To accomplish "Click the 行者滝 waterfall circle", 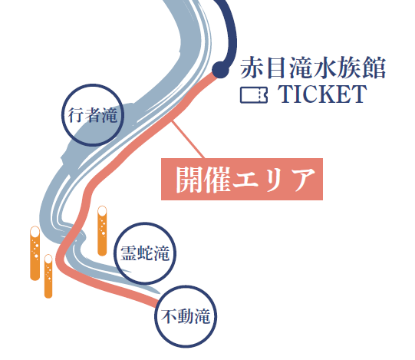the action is point(62,115).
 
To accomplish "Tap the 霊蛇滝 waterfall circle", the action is point(114,253).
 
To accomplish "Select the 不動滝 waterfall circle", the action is point(156,316).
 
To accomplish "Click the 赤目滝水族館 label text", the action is point(313,68).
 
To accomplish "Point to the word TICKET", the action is point(322,94).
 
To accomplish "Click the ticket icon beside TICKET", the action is point(254,95).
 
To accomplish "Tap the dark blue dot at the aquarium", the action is point(220,70).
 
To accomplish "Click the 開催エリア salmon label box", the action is point(242,179).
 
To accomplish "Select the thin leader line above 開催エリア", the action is point(188,140).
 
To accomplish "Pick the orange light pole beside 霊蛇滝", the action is point(102,231).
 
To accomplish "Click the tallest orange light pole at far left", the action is point(35,253).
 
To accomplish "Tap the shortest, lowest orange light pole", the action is point(48,276).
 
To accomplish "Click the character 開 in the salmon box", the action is point(189,180).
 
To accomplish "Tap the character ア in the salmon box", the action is point(301,180).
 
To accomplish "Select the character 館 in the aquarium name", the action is point(374,68).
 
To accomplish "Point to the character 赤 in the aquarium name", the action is point(252,68).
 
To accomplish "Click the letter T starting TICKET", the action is point(285,94).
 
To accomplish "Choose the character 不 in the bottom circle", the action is point(169,316).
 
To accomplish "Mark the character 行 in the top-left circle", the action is point(76,115).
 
